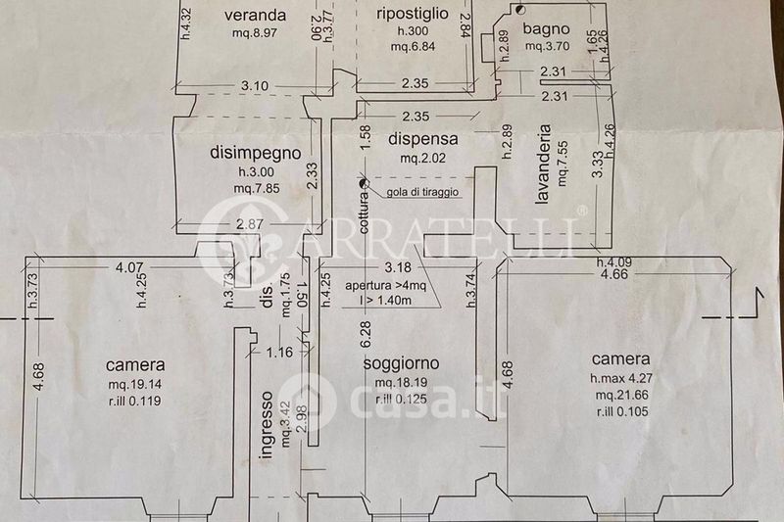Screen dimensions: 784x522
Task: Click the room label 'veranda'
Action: point(254,16)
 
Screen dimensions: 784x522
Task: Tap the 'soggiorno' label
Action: point(400,364)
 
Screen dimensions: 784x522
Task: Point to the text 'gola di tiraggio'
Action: point(422,191)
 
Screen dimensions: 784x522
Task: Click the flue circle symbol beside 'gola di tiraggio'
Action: point(365,182)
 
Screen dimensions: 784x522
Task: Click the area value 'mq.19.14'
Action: point(135,383)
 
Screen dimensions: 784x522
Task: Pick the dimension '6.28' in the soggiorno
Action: point(365,334)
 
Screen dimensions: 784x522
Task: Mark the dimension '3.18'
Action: point(397,267)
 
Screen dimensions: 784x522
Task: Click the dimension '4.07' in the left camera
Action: point(129,265)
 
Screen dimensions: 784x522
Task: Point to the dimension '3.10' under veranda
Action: point(254,86)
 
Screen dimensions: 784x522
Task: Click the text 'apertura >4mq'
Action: point(383,286)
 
